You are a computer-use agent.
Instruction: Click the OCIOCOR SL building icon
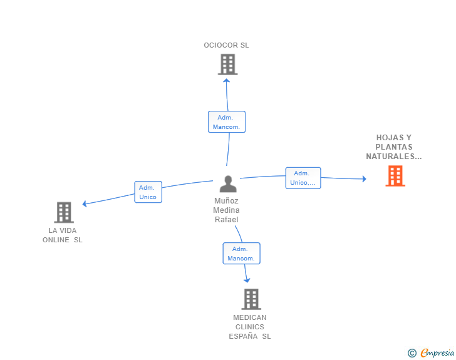point(228,64)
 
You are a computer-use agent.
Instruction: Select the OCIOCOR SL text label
point(226,45)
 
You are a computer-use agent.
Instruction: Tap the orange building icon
point(395,176)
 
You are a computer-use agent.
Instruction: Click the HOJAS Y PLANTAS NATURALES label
point(394,147)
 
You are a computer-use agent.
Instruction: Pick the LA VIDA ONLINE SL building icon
point(64,212)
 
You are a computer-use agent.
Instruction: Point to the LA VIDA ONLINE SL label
point(63,235)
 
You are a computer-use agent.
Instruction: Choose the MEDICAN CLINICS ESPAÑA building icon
point(251,299)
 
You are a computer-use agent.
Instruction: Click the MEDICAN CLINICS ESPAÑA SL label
point(250,327)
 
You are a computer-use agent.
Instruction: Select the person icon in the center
point(228,184)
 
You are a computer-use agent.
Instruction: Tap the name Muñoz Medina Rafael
point(226,210)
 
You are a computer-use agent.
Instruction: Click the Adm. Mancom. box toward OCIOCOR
point(227,122)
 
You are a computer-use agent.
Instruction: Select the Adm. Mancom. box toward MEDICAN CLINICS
point(242,254)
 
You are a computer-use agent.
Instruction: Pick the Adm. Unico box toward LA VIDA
point(148,192)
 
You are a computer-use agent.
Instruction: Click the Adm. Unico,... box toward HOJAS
point(303,178)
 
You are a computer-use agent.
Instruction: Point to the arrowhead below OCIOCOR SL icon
point(227,81)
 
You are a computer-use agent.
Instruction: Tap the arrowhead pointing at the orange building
point(364,179)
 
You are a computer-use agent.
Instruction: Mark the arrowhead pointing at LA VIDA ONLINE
point(85,203)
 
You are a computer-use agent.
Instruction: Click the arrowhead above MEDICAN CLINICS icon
point(247,280)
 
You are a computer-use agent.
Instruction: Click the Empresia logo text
point(437,352)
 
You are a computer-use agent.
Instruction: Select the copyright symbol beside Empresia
point(412,353)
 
